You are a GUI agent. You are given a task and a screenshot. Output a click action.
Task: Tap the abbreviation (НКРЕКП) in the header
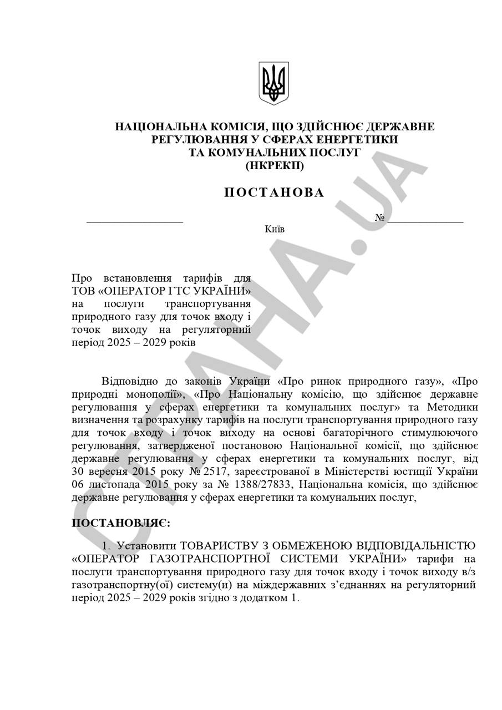coord(274,165)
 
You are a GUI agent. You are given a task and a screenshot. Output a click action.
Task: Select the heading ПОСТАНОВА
coord(274,192)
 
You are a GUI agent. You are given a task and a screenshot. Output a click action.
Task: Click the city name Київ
coord(275,229)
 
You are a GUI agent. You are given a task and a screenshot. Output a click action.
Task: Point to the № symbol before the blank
coord(379,217)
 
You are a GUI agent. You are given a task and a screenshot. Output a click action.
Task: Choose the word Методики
coord(454,408)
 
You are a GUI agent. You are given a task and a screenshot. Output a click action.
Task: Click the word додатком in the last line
coord(262,598)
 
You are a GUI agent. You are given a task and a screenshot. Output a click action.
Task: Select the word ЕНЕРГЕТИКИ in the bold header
coord(362,139)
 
